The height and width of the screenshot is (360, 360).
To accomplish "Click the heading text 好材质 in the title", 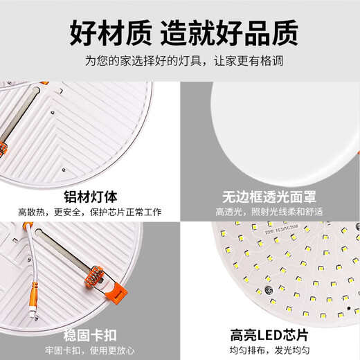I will (109, 31).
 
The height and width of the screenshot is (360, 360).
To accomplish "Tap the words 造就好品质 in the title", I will (230, 31).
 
